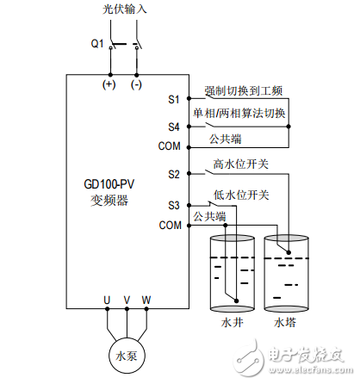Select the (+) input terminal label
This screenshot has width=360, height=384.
109,84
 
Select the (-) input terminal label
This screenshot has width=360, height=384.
136,84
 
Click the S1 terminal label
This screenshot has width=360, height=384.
173,100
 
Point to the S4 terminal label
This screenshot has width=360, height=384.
173,127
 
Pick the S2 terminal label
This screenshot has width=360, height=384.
173,174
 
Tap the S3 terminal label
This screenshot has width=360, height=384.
173,207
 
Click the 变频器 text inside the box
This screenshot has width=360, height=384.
109,201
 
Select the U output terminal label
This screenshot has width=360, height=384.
108,300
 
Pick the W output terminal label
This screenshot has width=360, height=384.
146,300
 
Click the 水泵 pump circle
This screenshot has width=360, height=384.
127,356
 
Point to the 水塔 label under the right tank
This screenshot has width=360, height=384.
284,322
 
